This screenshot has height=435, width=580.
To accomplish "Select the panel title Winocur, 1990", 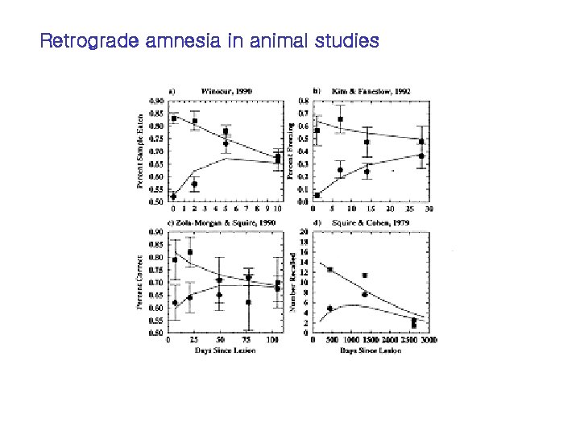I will point(226,91).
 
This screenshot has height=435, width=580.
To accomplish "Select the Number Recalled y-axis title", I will point(292,281).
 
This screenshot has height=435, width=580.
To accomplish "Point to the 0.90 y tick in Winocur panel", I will point(157,100).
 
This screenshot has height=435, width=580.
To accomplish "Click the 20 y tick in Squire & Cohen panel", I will point(303,231).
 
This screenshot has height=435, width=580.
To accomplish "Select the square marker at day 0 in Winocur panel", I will point(173,118).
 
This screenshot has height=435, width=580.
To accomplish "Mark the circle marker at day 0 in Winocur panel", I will point(173,196).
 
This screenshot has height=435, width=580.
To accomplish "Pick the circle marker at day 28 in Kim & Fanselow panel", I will point(422,156).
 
